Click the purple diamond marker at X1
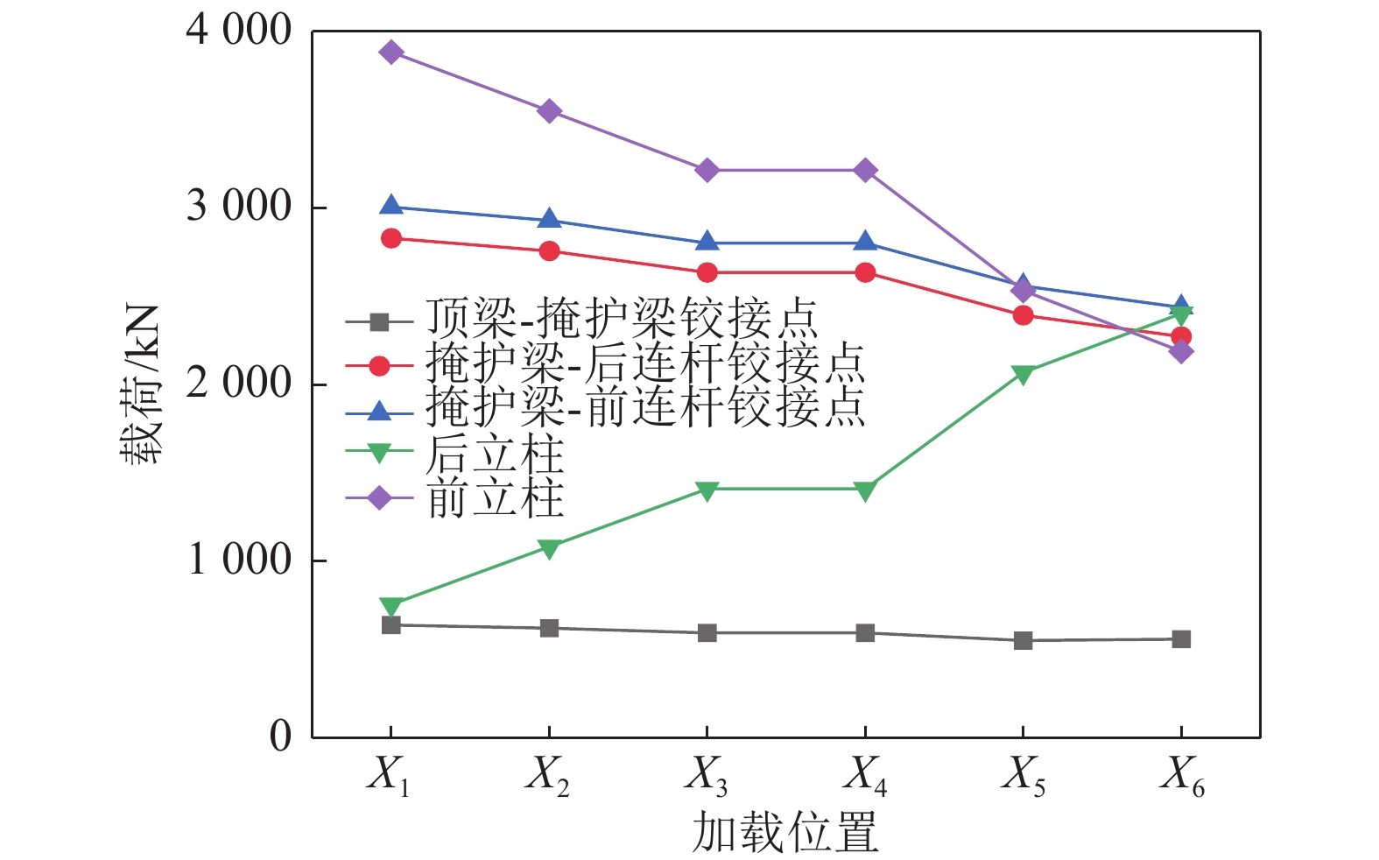click(391, 53)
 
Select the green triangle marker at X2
click(549, 549)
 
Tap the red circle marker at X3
click(707, 273)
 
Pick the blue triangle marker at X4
click(865, 242)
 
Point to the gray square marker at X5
click(1023, 641)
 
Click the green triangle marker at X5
click(1023, 375)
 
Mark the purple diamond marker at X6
click(1181, 352)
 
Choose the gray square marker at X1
click(391, 625)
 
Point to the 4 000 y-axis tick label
click(238, 31)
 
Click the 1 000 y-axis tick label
click(238, 560)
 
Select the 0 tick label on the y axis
click(280, 737)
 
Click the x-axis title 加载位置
click(784, 832)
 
